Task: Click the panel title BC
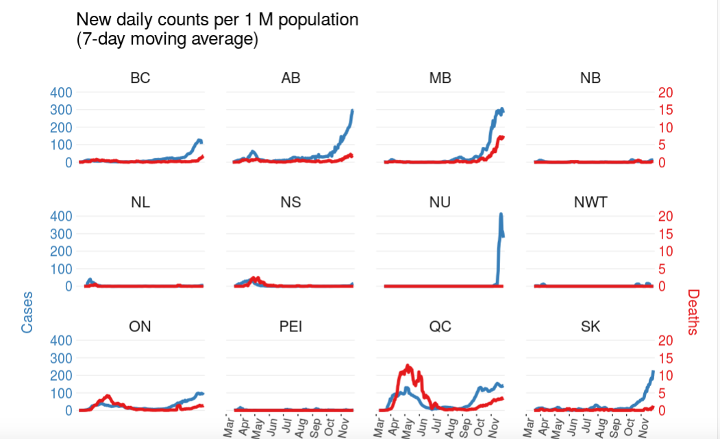pyautogui.click(x=140, y=78)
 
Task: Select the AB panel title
pyautogui.click(x=290, y=78)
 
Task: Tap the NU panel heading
pyautogui.click(x=440, y=202)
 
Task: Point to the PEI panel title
pyautogui.click(x=290, y=327)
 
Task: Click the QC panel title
pyautogui.click(x=440, y=327)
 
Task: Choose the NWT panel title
pyautogui.click(x=591, y=202)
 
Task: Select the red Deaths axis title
pyautogui.click(x=693, y=312)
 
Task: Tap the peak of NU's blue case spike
pyautogui.click(x=501, y=214)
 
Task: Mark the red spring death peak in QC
pyautogui.click(x=408, y=366)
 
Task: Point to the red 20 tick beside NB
pyautogui.click(x=665, y=93)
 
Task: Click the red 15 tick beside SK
pyautogui.click(x=665, y=358)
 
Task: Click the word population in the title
pyautogui.click(x=317, y=20)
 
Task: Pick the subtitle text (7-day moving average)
pyautogui.click(x=167, y=40)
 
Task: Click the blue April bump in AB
pyautogui.click(x=253, y=152)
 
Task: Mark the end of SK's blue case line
pyautogui.click(x=654, y=372)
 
